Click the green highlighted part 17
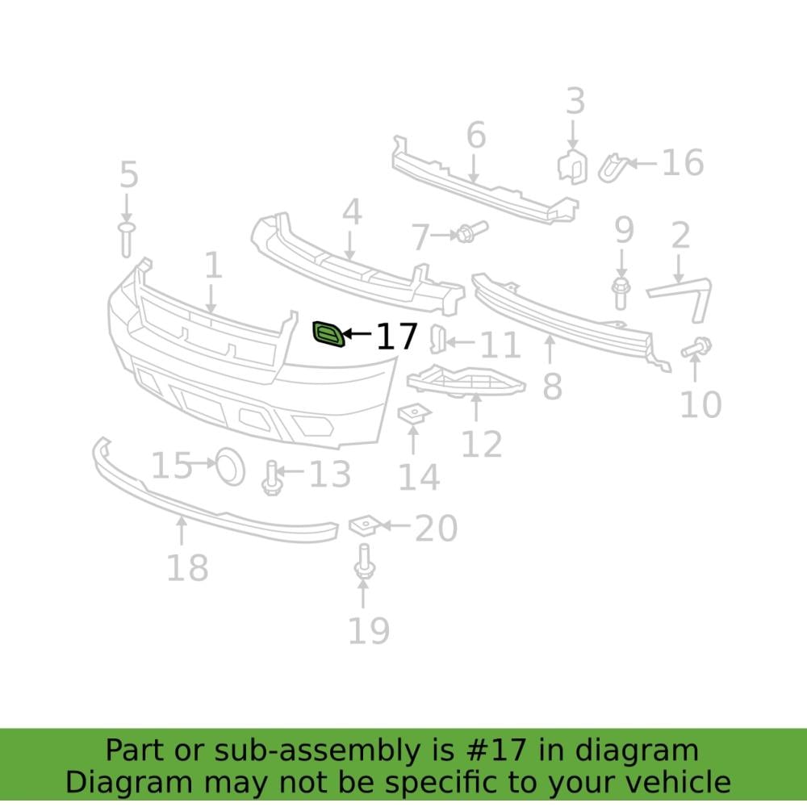coord(328,334)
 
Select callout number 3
coord(574,102)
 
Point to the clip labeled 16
coord(612,167)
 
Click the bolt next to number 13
coord(271,478)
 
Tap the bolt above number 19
coord(363,562)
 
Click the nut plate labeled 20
coord(363,525)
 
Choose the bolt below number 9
coord(621,292)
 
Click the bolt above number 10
coord(696,348)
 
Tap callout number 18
coord(187,567)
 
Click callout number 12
coord(482,443)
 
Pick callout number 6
coord(476,136)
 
